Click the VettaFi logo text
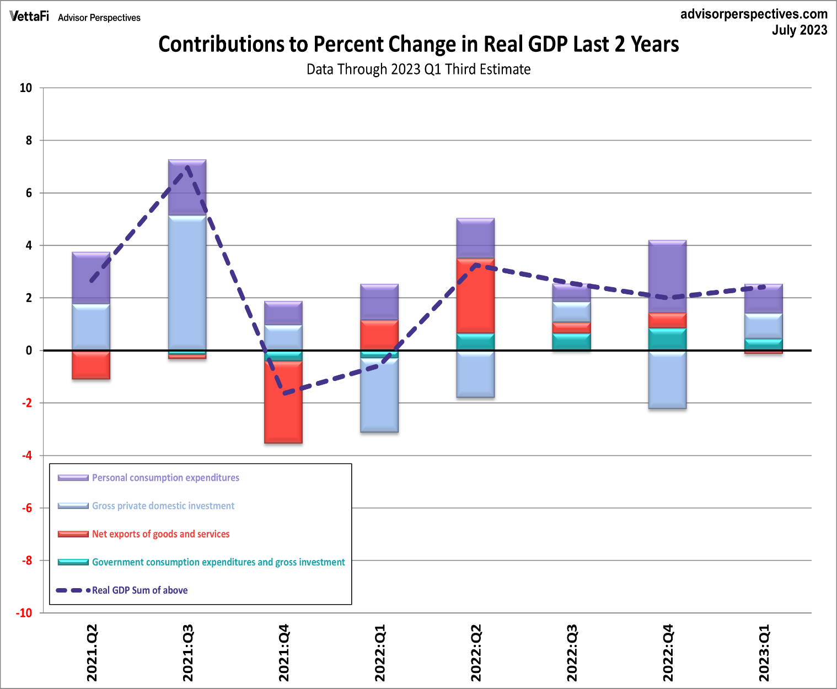29,17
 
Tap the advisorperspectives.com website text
754,14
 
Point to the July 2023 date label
799,30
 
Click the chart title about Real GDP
418,44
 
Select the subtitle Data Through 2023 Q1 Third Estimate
418,69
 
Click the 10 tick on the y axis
26,88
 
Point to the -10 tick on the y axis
24,613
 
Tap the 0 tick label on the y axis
29,351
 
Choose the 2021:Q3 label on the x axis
188,653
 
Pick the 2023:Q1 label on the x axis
764,653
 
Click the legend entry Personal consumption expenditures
165,478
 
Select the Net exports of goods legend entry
160,534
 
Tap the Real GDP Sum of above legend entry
139,590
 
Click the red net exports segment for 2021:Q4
283,402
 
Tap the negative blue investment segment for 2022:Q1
379,395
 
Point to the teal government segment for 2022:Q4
668,340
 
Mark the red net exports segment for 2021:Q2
92,365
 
